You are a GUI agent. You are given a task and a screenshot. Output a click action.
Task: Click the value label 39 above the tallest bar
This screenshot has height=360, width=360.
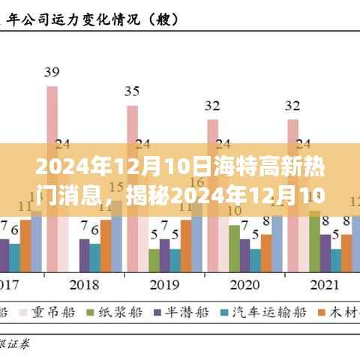(52, 73)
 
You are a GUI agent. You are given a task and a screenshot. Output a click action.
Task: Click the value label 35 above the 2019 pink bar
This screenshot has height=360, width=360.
(132, 91)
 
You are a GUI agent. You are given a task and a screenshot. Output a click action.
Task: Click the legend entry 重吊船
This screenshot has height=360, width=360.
(54, 311)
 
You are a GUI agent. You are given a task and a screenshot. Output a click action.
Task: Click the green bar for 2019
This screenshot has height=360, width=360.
(154, 259)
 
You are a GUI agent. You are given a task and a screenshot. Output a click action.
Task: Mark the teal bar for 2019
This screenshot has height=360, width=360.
(175, 259)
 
